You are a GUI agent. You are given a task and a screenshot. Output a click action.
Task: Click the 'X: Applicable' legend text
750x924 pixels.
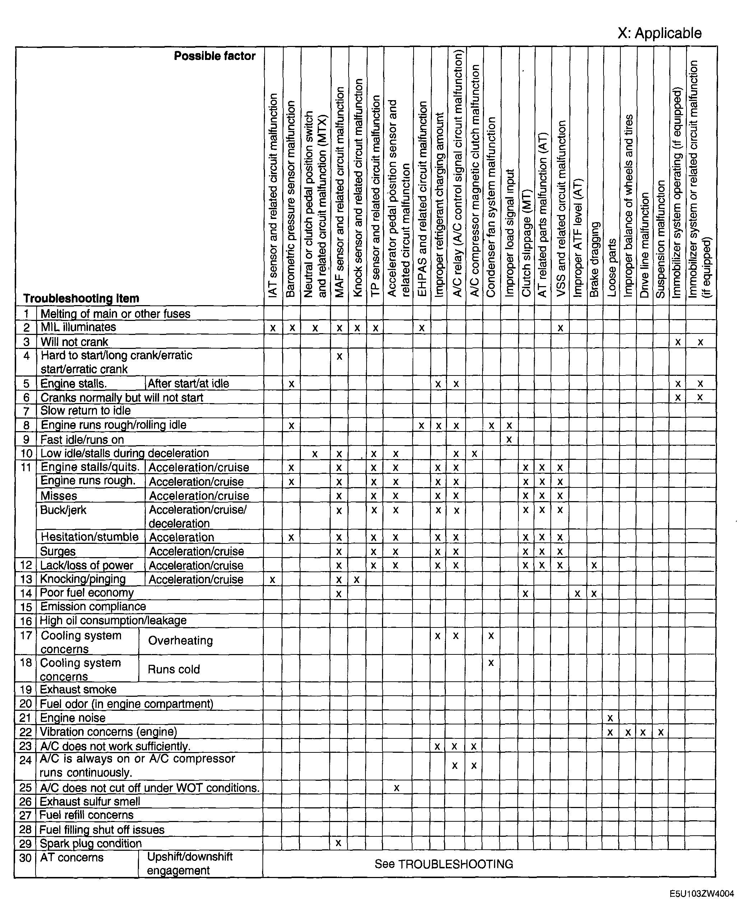click(x=659, y=33)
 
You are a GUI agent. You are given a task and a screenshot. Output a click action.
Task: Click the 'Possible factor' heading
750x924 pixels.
click(x=214, y=56)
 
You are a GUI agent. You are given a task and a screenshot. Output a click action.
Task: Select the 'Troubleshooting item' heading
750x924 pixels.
click(x=81, y=299)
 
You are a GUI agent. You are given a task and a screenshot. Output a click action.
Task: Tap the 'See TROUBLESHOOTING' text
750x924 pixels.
click(x=444, y=864)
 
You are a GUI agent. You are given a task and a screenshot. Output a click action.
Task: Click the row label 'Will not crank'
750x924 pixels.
click(x=74, y=342)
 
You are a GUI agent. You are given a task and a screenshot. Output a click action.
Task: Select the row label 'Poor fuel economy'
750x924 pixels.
click(x=87, y=593)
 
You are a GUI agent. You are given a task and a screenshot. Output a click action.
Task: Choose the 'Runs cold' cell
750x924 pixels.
click(x=174, y=669)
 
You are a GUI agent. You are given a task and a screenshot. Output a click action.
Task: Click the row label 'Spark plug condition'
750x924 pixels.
click(x=91, y=843)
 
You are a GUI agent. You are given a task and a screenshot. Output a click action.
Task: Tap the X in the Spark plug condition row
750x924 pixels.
click(x=339, y=843)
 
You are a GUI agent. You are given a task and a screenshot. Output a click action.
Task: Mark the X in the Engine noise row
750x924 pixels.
click(x=610, y=718)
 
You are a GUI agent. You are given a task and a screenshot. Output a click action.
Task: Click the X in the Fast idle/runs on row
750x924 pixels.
click(x=509, y=440)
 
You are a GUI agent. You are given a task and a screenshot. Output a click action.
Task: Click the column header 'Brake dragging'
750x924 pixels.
click(x=595, y=259)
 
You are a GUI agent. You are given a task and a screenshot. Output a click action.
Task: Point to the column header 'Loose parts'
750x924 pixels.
click(x=611, y=268)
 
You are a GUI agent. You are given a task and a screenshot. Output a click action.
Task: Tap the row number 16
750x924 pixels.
click(x=26, y=621)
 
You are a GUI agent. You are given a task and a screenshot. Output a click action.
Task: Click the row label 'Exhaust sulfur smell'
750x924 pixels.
click(x=90, y=801)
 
